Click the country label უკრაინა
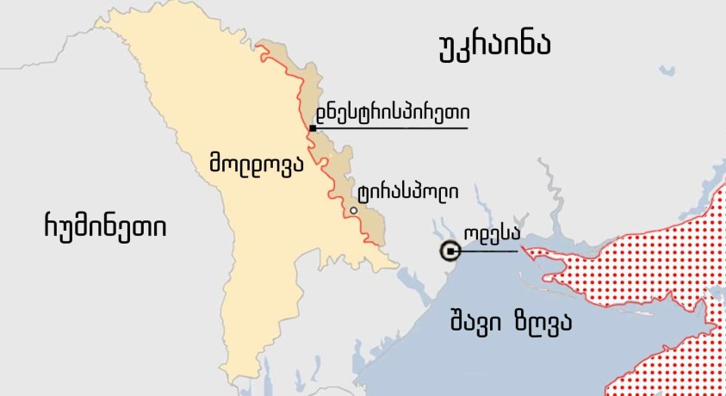pos(493,46)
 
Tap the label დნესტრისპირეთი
pos(393,112)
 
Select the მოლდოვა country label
pos(256,161)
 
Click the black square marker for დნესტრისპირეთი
pos(312,128)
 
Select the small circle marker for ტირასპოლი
pos(353,210)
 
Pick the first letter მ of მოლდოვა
pos(215,161)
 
